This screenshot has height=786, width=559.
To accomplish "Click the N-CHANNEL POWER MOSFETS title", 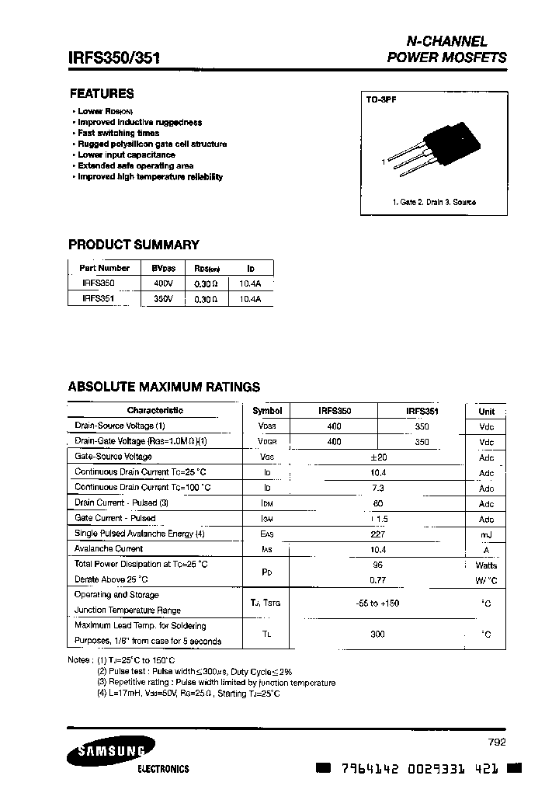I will [x=446, y=49].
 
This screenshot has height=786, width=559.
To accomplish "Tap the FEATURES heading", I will [x=101, y=93].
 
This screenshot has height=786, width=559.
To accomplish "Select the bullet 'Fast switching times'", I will [x=118, y=133].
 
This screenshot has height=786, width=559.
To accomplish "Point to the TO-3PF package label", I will [x=381, y=100].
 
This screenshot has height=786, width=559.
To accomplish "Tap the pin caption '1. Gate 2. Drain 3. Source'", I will [x=434, y=202].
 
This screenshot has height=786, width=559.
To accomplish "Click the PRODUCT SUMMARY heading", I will [x=134, y=245].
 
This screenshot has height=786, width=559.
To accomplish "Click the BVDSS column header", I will [x=163, y=268].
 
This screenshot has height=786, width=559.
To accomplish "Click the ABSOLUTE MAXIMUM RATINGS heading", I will [x=164, y=387].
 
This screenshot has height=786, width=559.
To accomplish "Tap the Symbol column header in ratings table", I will [x=267, y=411].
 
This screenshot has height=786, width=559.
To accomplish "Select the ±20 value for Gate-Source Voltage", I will [x=377, y=457].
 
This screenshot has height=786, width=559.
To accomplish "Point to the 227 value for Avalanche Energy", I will [x=377, y=534].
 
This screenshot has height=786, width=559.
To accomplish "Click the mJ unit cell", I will [x=486, y=535].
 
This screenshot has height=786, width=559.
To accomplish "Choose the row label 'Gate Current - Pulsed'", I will [x=115, y=518].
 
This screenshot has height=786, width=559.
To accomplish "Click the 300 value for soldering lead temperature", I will [x=377, y=635].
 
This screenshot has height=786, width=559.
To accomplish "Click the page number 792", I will [x=498, y=743].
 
